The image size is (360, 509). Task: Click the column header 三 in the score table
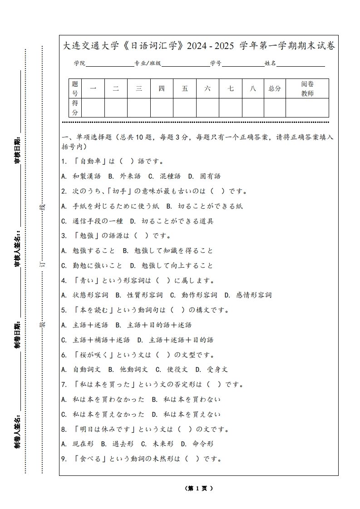click(139, 88)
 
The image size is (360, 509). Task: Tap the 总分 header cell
click(275, 88)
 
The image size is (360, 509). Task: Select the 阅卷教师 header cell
click(307, 88)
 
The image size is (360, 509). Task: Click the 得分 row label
click(75, 108)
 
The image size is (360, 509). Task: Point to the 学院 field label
click(80, 64)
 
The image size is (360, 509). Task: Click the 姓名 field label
click(270, 64)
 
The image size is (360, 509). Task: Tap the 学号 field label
click(216, 64)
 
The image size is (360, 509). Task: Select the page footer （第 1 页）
click(199, 488)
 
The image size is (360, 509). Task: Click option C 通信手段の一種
click(92, 221)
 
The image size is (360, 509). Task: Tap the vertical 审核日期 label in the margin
click(17, 150)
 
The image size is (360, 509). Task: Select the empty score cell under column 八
click(253, 108)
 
